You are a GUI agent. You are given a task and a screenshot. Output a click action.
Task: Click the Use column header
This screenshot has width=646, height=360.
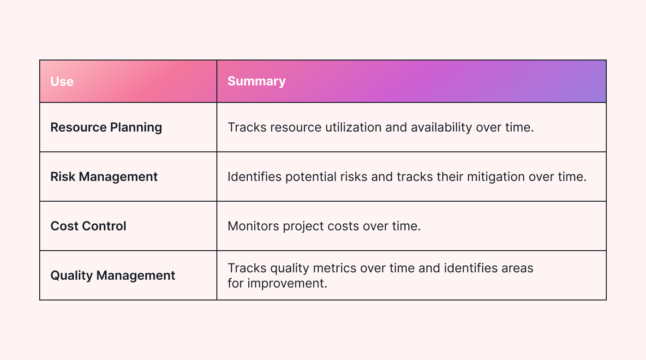62,81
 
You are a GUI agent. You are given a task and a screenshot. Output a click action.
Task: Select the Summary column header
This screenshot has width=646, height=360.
257,81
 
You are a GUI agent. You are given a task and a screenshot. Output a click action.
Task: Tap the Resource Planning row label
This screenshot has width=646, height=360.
106,127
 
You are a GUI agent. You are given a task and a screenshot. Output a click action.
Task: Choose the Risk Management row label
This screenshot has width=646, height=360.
104,177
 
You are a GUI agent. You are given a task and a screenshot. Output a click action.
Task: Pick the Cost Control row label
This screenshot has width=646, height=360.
88,226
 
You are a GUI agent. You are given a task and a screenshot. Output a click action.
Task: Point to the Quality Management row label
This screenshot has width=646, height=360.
113,276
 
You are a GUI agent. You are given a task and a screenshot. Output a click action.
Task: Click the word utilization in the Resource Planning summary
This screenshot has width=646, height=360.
353,127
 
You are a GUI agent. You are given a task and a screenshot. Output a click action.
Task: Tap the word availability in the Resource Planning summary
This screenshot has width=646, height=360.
441,128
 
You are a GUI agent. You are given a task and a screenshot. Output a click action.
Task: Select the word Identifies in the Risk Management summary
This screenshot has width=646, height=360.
254,177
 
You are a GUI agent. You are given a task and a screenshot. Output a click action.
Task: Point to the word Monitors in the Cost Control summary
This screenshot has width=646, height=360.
253,226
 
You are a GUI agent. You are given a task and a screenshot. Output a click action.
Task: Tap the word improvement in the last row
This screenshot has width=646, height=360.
287,283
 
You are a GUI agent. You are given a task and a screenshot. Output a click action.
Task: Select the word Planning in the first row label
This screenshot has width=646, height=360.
136,128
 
